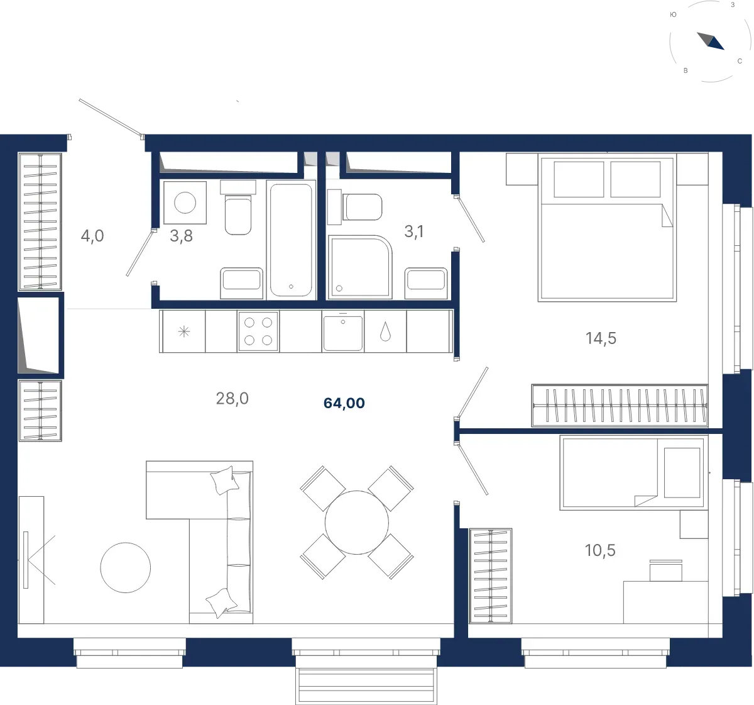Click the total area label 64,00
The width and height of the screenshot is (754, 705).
point(344,403)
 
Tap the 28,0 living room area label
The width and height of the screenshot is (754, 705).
point(232,398)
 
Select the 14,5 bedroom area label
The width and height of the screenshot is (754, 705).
point(601,338)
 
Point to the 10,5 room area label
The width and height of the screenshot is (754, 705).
point(600,550)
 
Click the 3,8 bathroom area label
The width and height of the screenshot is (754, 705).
point(181,236)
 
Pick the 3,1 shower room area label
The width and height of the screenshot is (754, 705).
point(414,231)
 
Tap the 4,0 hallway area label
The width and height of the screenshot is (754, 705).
point(92,236)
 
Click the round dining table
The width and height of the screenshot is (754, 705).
point(356,522)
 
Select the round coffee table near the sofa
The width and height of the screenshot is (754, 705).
point(125,567)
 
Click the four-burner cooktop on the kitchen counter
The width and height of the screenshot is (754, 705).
point(258,331)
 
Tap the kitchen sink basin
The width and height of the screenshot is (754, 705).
point(343,333)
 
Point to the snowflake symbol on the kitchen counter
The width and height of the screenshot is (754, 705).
point(183,331)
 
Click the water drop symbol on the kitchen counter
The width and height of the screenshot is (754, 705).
point(385,331)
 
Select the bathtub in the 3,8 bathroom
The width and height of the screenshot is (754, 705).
point(291,240)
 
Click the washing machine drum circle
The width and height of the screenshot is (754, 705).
point(185,203)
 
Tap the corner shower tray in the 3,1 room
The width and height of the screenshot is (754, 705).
point(359,267)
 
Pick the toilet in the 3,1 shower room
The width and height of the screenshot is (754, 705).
point(362,207)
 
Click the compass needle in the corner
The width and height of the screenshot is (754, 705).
point(711,41)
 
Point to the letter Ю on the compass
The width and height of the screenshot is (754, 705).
point(673,15)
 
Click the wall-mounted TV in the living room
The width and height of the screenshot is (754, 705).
point(26,560)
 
